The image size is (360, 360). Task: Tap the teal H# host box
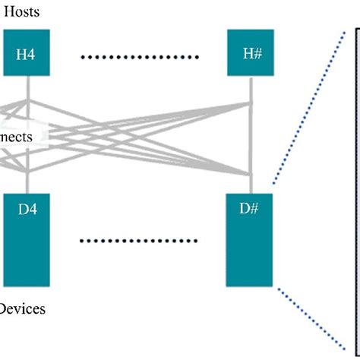[251, 53]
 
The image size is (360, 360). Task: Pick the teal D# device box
[251, 239]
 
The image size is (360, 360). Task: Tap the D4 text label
[27, 208]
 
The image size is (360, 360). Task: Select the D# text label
[251, 208]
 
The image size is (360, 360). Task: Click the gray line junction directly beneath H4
[27, 99]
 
